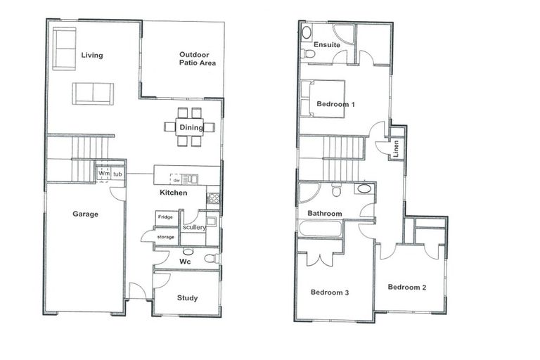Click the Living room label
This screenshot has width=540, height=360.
coord(92,55)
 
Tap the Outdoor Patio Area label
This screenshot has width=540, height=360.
coord(197,58)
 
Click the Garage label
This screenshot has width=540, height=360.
coord(85,214)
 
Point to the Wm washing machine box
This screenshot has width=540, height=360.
coord(103,174)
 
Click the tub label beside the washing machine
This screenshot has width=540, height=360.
coord(118,174)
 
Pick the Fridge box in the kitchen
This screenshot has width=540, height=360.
coord(165,217)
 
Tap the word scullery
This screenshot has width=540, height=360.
coord(193,227)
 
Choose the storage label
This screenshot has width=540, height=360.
coord(166,237)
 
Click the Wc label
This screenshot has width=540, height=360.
coord(185,262)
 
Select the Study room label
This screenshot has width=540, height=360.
coord(187,298)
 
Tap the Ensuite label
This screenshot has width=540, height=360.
coord(327,45)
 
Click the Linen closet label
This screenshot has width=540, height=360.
coord(396,148)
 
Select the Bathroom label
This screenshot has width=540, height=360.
coord(324,214)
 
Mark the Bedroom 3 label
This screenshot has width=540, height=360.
coord(330,292)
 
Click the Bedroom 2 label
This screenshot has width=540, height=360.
coord(407,287)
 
